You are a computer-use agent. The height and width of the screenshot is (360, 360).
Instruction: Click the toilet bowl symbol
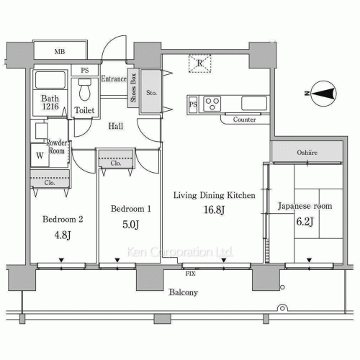coord(85,90)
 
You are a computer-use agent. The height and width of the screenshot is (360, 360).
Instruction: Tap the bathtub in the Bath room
coord(50,80)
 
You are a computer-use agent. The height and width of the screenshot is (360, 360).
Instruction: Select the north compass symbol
coord(324,94)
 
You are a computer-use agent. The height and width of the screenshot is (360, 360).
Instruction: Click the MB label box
coord(60,51)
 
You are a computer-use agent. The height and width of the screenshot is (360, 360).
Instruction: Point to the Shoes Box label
coord(133,88)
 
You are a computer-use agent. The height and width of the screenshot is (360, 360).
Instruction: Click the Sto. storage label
coord(151,92)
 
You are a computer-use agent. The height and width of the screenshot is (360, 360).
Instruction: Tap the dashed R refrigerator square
coord(199,63)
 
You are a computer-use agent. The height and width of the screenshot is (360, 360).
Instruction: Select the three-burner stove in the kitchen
coord(212,104)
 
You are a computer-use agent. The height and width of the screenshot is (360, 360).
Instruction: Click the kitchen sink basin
coord(254,103)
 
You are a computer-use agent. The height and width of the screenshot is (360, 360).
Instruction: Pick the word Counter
coord(244,120)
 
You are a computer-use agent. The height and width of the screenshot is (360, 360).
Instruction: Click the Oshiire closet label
coord(307,153)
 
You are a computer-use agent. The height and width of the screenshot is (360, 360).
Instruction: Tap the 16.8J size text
coord(214,210)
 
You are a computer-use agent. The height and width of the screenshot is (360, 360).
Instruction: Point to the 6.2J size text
coord(305,222)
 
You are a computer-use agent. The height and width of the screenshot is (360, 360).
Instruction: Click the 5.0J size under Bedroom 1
coord(131,225)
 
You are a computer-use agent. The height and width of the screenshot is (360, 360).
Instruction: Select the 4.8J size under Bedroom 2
coord(63,235)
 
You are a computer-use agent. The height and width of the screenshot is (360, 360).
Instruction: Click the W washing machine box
coord(40,156)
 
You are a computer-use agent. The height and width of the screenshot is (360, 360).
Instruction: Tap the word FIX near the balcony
coord(190,274)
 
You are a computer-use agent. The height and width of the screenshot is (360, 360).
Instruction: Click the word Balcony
coord(184,292)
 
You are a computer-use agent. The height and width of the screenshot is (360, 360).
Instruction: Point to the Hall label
coord(116,126)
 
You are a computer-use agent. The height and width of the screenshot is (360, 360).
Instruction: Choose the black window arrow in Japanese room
coord(309,260)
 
